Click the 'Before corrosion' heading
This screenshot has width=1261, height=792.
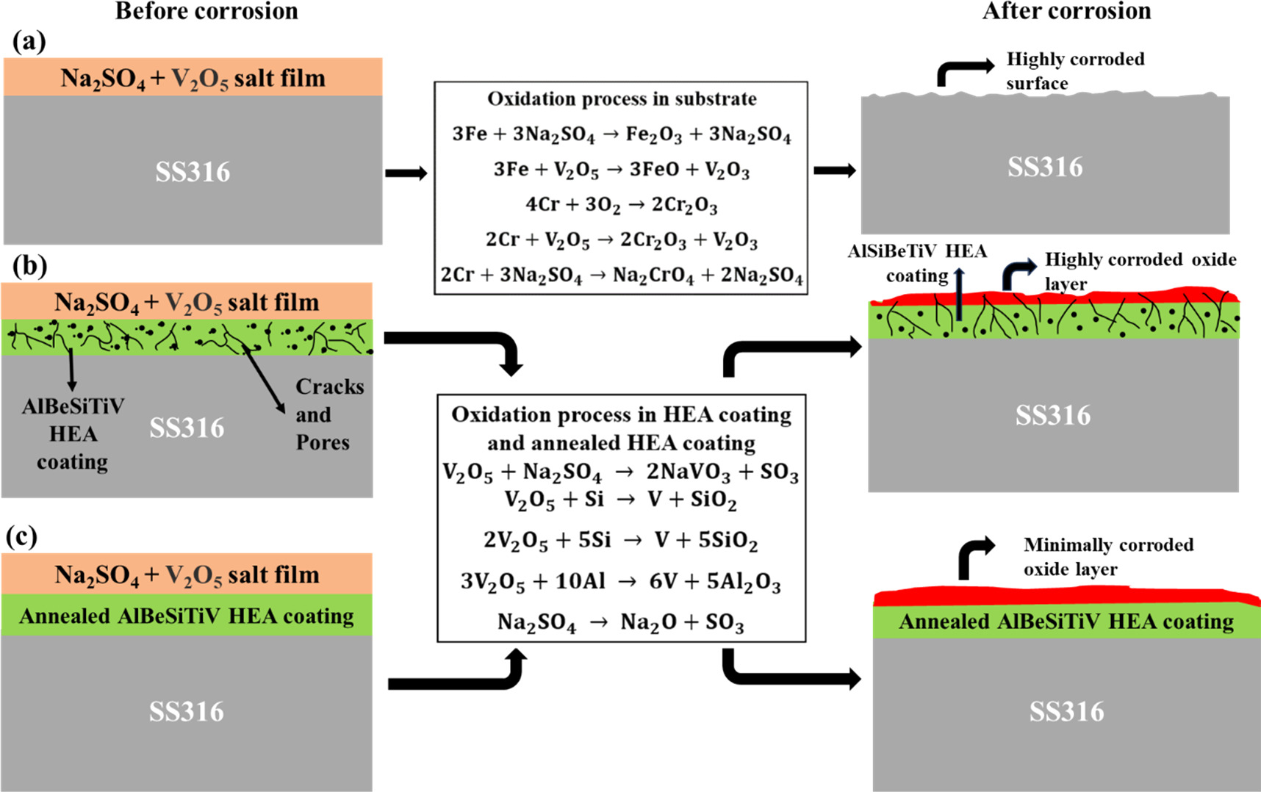206,11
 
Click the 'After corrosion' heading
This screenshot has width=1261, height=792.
1066,11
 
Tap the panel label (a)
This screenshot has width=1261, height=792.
29,42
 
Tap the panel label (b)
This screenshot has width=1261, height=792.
29,266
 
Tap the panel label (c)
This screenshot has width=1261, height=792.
21,537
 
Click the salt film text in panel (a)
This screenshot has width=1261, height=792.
193,78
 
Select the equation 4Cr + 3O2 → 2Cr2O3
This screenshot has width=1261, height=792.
621,204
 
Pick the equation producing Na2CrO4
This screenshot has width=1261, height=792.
621,276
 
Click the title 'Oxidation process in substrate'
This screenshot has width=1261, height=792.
621,98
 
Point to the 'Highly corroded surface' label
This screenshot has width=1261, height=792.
1074,71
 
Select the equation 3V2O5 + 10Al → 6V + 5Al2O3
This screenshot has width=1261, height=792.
620,582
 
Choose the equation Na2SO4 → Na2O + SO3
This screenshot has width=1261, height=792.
620,623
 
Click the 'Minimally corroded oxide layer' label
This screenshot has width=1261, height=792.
1107,556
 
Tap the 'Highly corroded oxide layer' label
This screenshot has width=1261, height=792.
1139,270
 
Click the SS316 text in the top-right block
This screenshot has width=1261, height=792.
1044,168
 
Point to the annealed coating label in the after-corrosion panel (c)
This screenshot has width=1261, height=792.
1066,622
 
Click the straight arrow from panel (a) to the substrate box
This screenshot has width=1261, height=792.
406,173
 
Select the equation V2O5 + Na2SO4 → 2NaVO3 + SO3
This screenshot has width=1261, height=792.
620,472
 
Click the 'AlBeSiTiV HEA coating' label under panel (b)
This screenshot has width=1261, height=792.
73,433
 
